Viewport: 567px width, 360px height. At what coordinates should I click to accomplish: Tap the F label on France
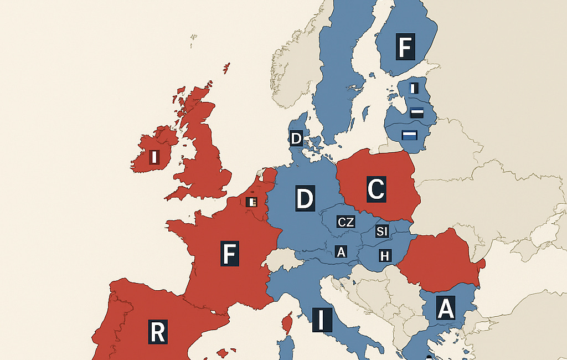coord(229,253)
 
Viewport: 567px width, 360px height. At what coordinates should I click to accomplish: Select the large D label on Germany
coord(305,198)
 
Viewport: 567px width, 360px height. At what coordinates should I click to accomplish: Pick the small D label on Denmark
coord(296,138)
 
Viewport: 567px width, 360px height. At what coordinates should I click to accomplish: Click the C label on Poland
coord(375,189)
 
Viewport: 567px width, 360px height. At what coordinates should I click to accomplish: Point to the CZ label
coord(346,222)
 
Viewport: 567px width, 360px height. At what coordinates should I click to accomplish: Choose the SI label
coord(382,231)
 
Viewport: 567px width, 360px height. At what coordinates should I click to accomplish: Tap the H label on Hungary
coord(384,255)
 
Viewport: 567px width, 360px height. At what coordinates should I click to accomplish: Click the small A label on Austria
coord(341,253)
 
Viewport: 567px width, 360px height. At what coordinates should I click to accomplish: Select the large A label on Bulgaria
coord(446,308)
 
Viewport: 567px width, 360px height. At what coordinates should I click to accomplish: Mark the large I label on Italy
coord(321,320)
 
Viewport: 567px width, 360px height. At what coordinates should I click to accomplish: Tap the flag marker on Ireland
coord(154,157)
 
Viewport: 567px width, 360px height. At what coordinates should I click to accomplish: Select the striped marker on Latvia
coord(417,112)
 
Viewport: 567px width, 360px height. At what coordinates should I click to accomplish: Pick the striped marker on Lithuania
coord(409,135)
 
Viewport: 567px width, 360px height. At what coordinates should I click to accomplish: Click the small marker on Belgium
coord(251,202)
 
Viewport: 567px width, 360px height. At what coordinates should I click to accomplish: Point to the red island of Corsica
coord(287,322)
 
